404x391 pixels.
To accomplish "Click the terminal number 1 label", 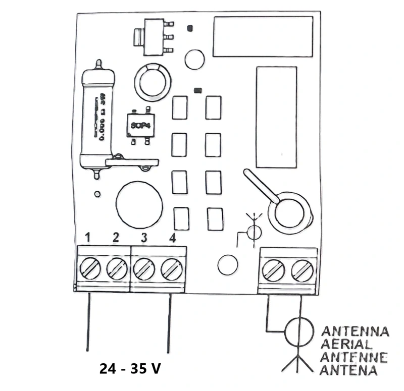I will pos(87,237).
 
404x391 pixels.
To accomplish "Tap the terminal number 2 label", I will pos(116,237).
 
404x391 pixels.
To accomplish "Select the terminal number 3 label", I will pos(144,237).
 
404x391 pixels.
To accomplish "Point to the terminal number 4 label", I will pos(172,237).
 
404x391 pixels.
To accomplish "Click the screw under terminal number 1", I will pos(89,268).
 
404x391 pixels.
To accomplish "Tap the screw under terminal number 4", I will pos(171,268).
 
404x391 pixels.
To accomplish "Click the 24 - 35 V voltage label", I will pos(131,369).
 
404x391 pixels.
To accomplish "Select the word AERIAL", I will pos(347,345).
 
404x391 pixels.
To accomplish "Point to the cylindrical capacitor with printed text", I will pos(98,119).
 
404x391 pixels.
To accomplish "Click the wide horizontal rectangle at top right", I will pos(263,36).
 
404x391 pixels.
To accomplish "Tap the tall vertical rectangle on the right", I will pos(276,117).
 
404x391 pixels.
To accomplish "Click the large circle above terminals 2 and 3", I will pos(139,204).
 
